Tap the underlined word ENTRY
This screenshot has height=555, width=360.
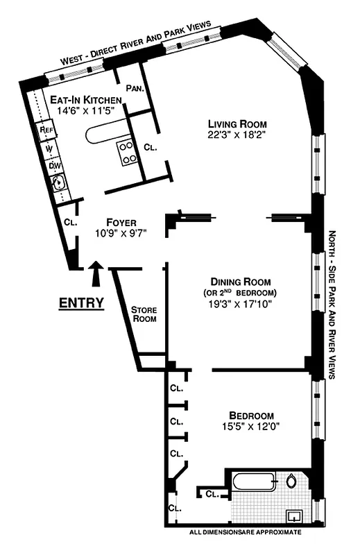[x=81, y=302]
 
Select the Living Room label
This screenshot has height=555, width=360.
[x=236, y=124]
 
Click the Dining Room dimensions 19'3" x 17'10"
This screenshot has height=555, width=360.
[x=236, y=303]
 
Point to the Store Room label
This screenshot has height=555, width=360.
[x=144, y=314]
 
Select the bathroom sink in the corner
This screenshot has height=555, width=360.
[x=295, y=515]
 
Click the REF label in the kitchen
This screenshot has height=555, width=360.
[x=47, y=129]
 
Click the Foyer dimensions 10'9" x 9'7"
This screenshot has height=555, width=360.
[x=121, y=233]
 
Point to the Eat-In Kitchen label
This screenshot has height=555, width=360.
[x=82, y=99]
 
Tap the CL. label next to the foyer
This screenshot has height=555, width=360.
[x=69, y=223]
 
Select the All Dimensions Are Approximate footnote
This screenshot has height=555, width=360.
[x=246, y=532]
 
